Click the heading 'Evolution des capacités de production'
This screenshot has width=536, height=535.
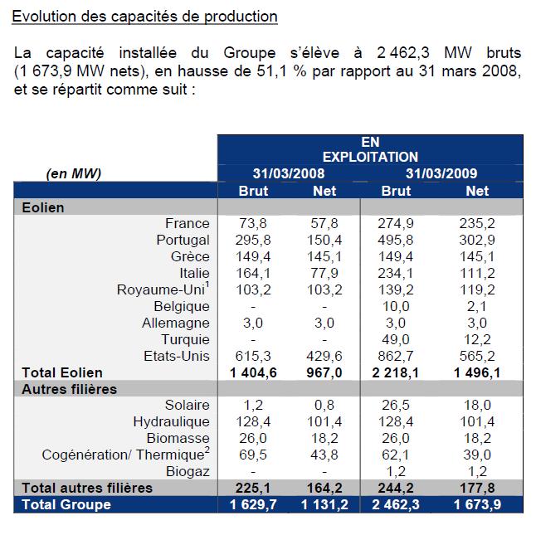(145, 17)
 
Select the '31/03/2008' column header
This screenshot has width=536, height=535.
(288, 173)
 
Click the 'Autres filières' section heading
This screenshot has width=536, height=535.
(69, 389)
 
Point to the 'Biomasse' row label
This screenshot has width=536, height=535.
(180, 438)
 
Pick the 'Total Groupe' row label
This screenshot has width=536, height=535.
(66, 504)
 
